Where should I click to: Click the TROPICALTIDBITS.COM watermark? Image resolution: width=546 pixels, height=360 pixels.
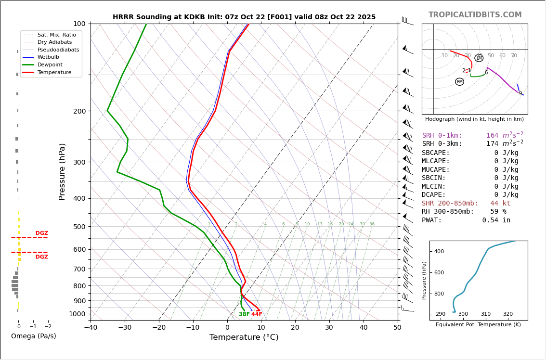coord(475,15)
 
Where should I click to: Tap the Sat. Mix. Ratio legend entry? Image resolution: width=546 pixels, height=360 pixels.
coord(57,35)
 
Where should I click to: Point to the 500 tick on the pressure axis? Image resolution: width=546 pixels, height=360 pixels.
coord(79,227)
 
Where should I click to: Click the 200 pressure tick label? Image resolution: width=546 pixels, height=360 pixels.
coord(79,111)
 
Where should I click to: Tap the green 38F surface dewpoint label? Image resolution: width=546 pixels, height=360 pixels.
coord(244,314)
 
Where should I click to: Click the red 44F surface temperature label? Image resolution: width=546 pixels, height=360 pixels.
coord(257,314)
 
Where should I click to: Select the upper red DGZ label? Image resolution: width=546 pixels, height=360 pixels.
coord(41,233)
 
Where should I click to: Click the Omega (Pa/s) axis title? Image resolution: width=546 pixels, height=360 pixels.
coord(34,336)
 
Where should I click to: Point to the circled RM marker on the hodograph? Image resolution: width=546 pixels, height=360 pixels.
coord(459,82)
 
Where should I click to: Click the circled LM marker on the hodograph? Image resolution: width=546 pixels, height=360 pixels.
coord(479,58)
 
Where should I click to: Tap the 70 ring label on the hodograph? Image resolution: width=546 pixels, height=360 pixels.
coord(514,56)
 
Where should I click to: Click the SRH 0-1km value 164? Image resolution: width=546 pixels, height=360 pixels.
coord(493,136)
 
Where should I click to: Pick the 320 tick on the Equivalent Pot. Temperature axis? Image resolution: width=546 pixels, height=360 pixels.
coord(508,314)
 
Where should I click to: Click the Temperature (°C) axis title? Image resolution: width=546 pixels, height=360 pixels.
coord(244,338)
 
